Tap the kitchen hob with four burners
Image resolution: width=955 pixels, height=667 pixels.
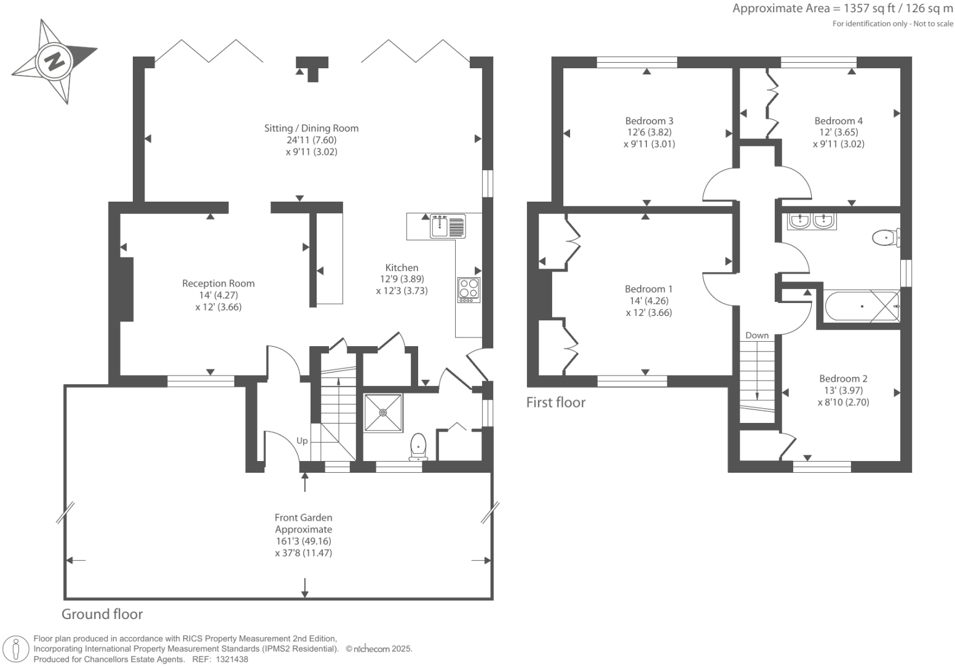469,290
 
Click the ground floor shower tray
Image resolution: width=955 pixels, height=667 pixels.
383,412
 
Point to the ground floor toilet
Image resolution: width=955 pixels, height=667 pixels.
418,447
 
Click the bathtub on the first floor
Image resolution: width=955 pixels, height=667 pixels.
861,306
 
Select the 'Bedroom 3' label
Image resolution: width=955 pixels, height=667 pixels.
649,120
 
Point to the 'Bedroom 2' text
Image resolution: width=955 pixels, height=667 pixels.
843,379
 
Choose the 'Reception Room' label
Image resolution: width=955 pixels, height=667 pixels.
218,283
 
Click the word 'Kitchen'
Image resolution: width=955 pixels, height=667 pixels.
402,267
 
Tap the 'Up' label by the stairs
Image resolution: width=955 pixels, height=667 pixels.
302,441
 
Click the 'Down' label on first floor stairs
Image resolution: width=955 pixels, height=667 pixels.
757,335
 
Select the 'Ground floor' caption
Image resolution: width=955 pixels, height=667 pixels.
102,614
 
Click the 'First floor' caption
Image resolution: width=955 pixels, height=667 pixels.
556,402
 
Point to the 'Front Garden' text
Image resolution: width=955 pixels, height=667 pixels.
303,518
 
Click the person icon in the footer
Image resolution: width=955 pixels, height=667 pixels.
17,649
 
